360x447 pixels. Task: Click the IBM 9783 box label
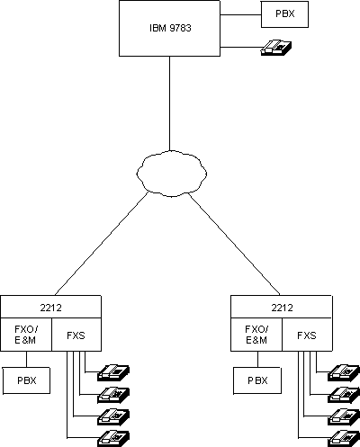pos(169,28)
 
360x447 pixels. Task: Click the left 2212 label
pos(50,306)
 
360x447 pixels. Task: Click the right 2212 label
pos(281,306)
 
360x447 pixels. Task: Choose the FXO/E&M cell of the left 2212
pos(25,335)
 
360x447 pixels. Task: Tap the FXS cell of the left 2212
pos(76,335)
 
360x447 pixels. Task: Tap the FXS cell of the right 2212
pos(307,335)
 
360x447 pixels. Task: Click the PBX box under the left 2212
pos(26,380)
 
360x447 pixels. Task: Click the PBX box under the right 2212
pos(257,380)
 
